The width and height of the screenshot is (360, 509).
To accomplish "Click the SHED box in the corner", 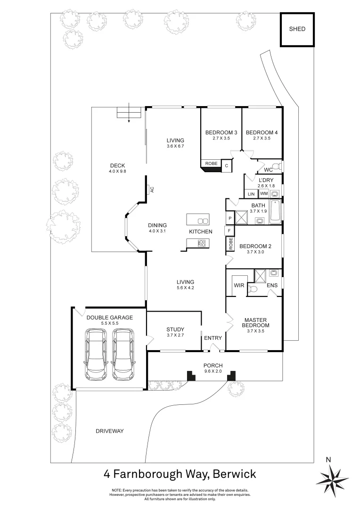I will tap(297, 29).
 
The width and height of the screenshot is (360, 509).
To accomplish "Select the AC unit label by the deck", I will tap(151, 189).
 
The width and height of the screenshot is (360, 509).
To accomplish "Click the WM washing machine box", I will tap(264, 194).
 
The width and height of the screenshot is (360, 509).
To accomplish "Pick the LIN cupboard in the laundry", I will tap(251, 194).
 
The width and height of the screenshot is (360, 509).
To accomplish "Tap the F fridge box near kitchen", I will tap(229, 231).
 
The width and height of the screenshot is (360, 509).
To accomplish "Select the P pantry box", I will tap(229, 219).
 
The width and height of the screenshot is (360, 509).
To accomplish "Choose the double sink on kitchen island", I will tap(203, 221).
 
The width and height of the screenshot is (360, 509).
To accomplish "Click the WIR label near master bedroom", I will tap(238, 285).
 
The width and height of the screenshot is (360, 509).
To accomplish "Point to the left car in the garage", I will tap(96, 354).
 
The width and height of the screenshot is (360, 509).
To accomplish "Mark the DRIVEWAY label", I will tap(109, 431).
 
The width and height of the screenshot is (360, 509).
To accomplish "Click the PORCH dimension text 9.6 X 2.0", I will tap(213, 371).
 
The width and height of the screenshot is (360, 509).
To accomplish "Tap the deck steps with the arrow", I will tap(129, 113).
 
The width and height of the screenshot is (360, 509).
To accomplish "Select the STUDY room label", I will tap(175, 329).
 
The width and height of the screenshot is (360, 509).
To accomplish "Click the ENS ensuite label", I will tap(272, 285).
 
